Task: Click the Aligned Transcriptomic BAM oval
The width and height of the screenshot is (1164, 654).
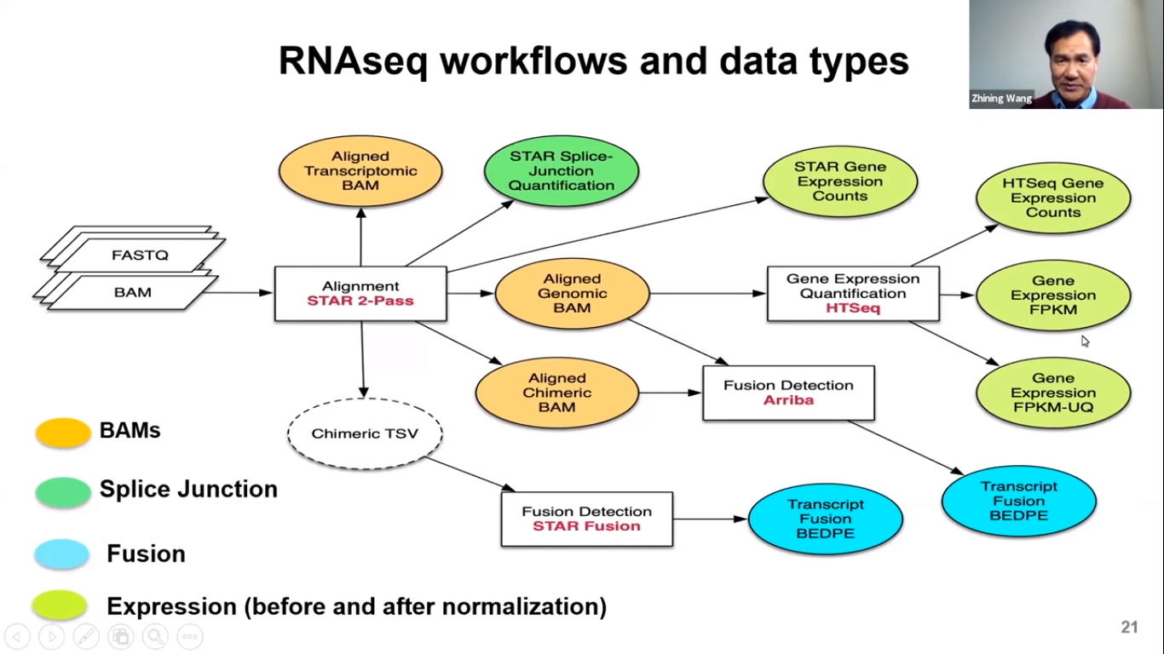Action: [360, 171]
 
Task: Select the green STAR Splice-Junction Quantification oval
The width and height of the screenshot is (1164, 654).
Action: [562, 171]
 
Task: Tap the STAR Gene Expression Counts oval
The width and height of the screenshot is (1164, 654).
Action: [840, 181]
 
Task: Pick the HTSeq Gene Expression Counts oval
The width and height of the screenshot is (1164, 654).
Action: [1053, 198]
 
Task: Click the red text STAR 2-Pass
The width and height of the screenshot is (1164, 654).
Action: [360, 301]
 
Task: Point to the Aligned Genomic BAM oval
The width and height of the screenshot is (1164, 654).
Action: [572, 294]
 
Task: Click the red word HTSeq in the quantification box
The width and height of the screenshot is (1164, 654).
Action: [853, 308]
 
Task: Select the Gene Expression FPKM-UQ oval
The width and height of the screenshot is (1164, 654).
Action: [1053, 393]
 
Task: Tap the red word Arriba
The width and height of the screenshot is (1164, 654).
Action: [788, 400]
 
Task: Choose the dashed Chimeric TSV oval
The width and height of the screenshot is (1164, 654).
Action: [365, 433]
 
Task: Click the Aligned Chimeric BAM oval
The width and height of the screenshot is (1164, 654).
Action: [557, 393]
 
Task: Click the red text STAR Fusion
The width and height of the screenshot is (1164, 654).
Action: [586, 526]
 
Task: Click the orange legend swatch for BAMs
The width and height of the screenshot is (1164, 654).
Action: [63, 433]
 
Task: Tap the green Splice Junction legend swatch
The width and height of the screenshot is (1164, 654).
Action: [63, 491]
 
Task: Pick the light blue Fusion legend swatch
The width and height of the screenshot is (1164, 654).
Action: [62, 554]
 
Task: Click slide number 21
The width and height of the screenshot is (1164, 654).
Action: [1129, 627]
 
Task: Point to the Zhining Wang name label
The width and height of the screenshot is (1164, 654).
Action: [1001, 98]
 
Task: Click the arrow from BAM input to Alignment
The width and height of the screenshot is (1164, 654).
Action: [236, 292]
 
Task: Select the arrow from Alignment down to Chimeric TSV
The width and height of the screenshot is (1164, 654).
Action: [363, 359]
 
